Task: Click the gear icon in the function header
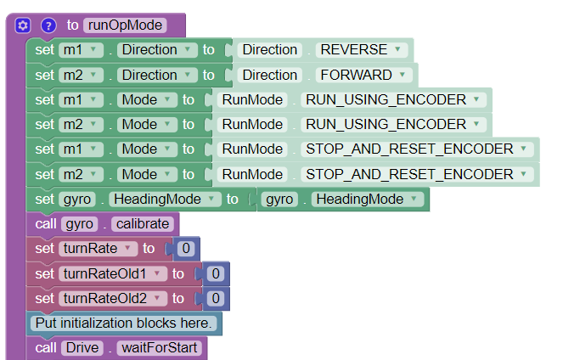tap(23, 25)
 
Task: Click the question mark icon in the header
tap(48, 25)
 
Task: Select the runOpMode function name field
tap(124, 25)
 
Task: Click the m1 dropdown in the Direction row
tap(80, 50)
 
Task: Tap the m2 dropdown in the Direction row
tap(80, 75)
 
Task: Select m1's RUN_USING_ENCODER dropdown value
tap(392, 100)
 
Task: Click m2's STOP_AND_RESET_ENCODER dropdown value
tap(416, 175)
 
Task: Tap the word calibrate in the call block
tap(146, 224)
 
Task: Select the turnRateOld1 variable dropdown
tap(111, 274)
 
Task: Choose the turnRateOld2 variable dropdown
tap(111, 299)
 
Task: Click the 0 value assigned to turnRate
tap(186, 250)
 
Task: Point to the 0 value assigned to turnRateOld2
tap(216, 299)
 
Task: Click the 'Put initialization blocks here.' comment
tap(125, 323)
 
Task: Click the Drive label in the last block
tap(82, 349)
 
